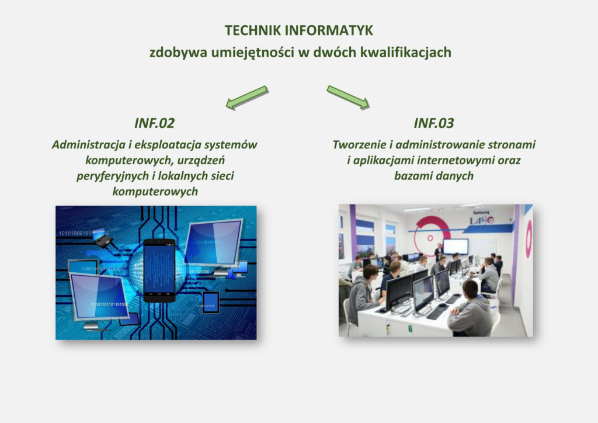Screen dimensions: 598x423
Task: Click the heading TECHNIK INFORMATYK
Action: [x=298, y=30]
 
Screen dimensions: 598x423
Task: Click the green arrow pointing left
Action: [x=247, y=98]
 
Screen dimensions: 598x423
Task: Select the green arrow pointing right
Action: [x=348, y=98]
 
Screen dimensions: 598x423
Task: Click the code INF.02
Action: [x=154, y=123]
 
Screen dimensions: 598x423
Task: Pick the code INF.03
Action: [x=434, y=123]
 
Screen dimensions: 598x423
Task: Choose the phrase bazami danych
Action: [x=434, y=176]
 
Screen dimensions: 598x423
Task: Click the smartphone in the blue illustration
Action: [x=159, y=271]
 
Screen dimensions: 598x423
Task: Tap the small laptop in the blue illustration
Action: [x=102, y=237]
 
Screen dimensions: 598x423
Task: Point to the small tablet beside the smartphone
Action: [x=210, y=303]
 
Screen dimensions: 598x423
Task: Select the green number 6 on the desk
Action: [x=410, y=328]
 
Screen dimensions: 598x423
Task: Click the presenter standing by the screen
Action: [x=439, y=252]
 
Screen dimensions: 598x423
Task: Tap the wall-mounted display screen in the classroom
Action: [x=455, y=247]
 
